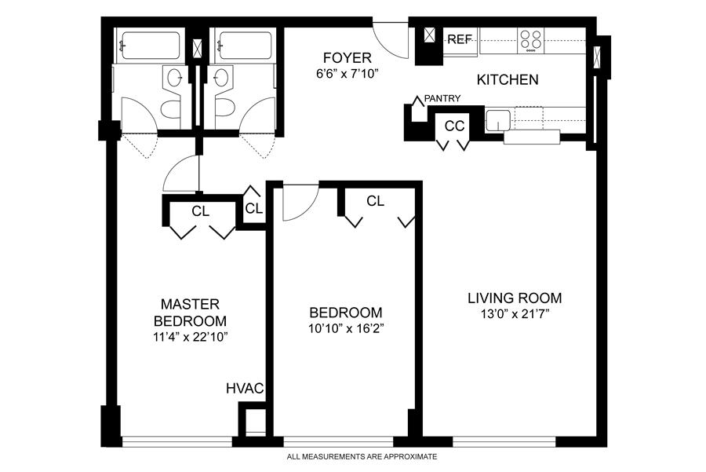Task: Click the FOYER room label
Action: coord(348,57)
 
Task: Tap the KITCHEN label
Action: coord(508,80)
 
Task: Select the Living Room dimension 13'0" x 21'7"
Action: coord(515,314)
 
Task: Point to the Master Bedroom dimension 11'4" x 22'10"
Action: coord(190,337)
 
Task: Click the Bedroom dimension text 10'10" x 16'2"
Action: coord(346,328)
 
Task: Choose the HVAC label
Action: coord(245,388)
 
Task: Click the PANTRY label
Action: coord(442,98)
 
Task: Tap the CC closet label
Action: coord(454,126)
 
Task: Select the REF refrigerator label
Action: coord(459,40)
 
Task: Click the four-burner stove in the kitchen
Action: coord(531,41)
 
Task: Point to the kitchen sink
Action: coord(498,120)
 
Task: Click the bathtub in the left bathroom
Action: coord(151,46)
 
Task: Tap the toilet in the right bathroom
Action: coord(224,109)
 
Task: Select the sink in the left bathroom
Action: coord(175,78)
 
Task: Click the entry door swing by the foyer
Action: coord(391,40)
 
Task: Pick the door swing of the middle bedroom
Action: coord(300,203)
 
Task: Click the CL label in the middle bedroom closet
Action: coord(375,201)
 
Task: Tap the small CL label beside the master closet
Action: coord(254,208)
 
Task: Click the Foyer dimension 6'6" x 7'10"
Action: coord(348,74)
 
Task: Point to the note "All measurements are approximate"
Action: coord(362,456)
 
